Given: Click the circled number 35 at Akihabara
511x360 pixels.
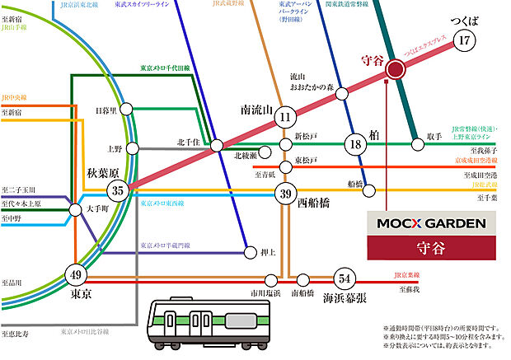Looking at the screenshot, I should point(118,191).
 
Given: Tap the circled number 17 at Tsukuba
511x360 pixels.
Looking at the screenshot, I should point(465,40).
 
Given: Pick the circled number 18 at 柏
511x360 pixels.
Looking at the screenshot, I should point(356,144).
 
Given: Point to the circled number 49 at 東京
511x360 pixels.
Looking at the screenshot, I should point(75,274).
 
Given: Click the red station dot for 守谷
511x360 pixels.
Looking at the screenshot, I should point(395,70).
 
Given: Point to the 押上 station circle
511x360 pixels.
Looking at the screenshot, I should point(248,252).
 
